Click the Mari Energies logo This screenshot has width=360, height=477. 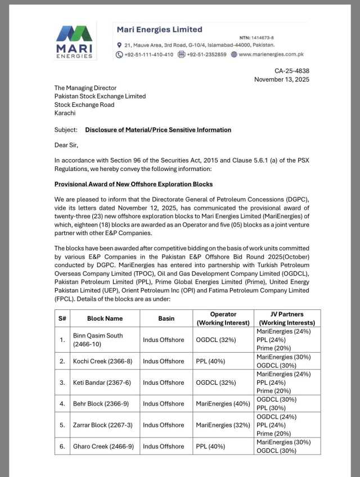pos(74,42)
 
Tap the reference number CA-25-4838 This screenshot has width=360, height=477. pos(291,71)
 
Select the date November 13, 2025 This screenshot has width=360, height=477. pos(281,79)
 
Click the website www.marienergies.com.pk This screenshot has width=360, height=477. pos(271,55)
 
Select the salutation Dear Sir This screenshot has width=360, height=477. pos(66,145)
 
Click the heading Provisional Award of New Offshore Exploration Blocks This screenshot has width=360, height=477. pos(133,184)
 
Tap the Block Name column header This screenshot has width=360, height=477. pos(105,318)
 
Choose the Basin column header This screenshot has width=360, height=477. pos(166,318)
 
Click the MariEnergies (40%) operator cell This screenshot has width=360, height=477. pos(222,404)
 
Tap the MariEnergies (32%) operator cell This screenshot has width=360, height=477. pos(222,425)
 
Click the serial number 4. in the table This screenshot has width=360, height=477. pos(62,404)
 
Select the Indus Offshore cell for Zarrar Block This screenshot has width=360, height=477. pos(164,425)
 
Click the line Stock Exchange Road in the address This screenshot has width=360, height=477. pos(84,105)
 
